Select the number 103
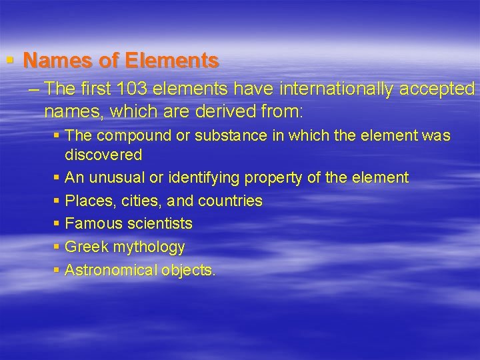[x=131, y=89]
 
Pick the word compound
[x=131, y=136]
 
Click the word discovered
[x=103, y=155]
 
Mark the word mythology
[x=149, y=247]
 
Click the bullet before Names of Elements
[x=10, y=61]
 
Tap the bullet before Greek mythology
[x=57, y=247]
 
